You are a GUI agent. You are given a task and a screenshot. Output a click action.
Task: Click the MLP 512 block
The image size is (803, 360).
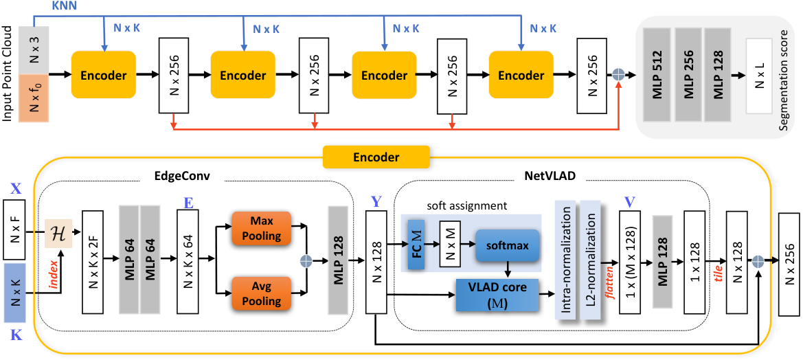[657, 74]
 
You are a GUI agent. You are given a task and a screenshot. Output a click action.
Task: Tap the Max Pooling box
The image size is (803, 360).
[262, 228]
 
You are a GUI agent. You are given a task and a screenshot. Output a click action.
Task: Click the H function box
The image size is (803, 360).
[58, 233]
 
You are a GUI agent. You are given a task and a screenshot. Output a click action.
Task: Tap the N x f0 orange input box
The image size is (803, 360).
[34, 98]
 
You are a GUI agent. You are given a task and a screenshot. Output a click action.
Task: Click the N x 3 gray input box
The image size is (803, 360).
[34, 50]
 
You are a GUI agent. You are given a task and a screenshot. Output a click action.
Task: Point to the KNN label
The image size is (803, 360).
[63, 5]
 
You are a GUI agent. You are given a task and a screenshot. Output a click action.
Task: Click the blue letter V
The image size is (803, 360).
[629, 201]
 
